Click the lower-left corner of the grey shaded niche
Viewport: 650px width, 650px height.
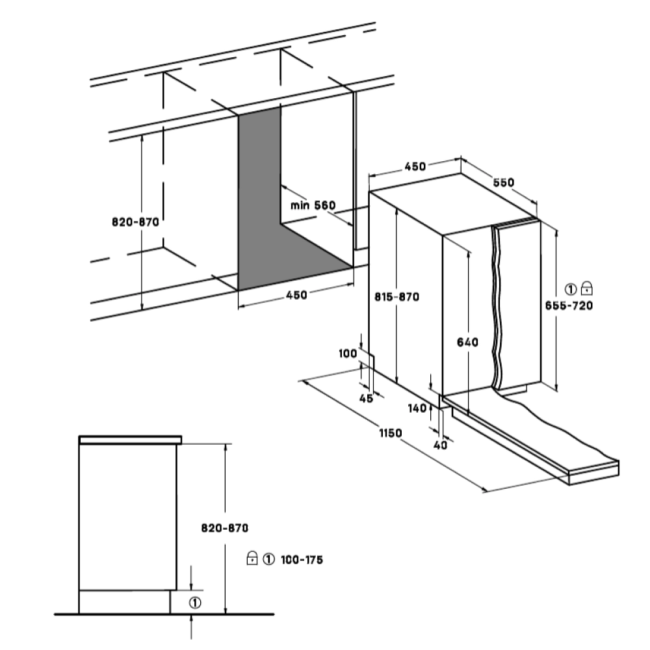[x=239, y=290]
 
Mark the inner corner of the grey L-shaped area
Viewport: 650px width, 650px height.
[x=281, y=224]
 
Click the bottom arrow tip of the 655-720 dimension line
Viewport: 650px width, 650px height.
[x=556, y=391]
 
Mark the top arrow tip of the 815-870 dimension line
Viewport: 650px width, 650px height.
[x=397, y=209]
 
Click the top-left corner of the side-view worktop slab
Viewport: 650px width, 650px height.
[x=79, y=436]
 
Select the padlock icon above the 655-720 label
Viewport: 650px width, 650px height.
[x=586, y=288]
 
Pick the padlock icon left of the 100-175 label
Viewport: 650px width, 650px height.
[x=252, y=558]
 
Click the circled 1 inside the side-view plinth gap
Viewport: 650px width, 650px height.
[x=195, y=603]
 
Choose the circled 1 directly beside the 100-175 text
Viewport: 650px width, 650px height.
[x=268, y=559]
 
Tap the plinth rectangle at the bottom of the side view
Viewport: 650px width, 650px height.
[x=124, y=601]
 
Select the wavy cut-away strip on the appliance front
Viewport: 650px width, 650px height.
[x=497, y=307]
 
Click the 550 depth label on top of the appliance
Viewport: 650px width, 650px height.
[x=503, y=183]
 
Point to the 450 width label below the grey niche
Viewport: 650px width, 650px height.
[x=297, y=295]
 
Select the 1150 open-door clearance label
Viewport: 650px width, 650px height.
[x=391, y=433]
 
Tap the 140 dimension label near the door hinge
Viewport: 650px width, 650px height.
[x=417, y=408]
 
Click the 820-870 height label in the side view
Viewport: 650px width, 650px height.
[x=225, y=528]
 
